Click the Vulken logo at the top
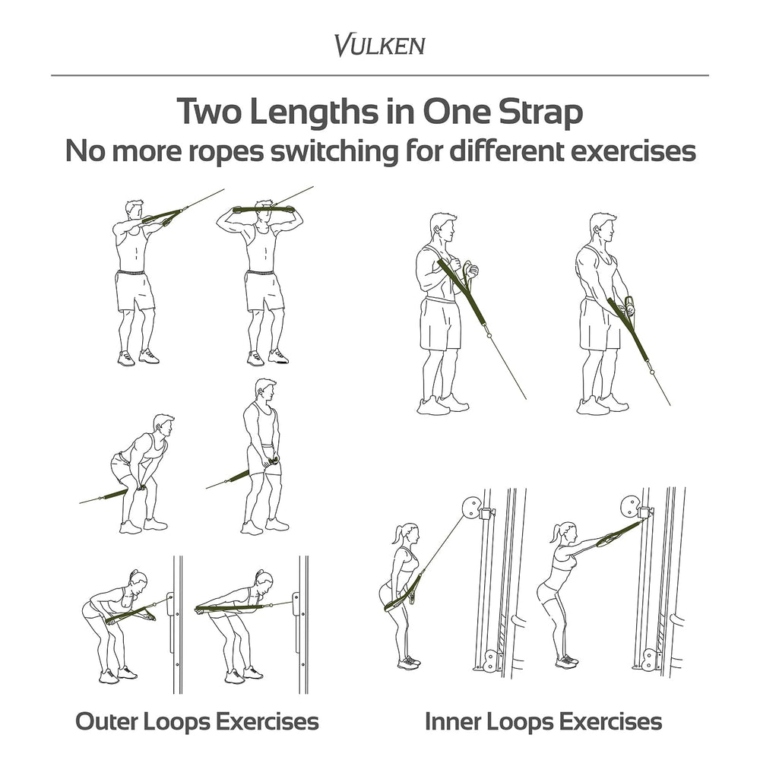379,45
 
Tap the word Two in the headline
209,112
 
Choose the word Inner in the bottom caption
453,721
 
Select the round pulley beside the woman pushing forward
629,506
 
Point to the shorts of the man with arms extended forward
135,291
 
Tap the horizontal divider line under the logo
379,75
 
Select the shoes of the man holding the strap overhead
268,358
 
